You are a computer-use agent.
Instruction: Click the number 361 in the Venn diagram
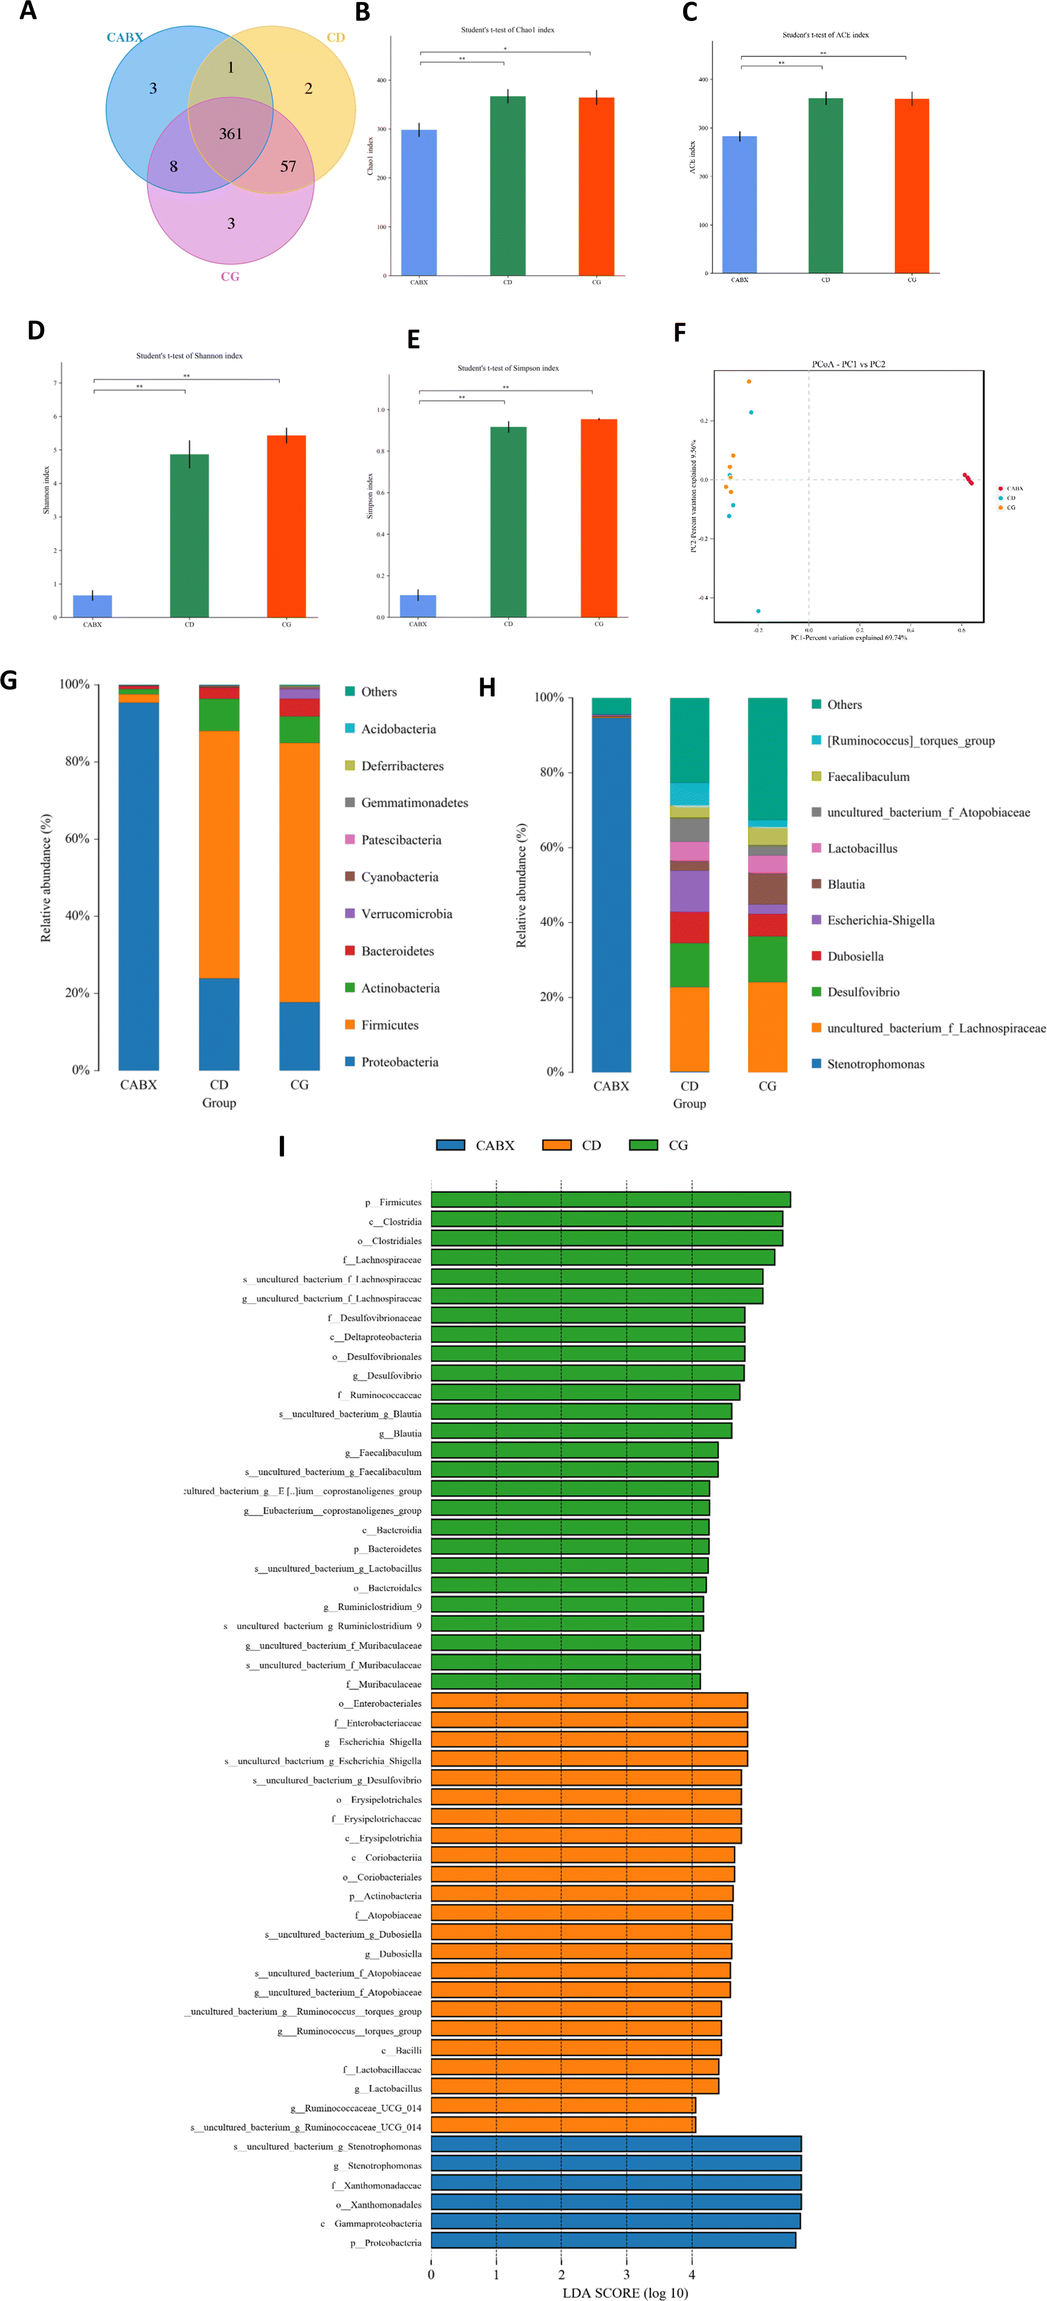(x=231, y=134)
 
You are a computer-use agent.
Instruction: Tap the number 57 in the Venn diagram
(x=288, y=166)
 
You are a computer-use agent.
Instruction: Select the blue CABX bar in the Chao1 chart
(x=419, y=203)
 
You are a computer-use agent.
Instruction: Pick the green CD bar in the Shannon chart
(x=189, y=536)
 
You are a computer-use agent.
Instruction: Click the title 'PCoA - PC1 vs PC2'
(x=848, y=364)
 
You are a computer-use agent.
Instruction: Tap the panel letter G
(x=9, y=681)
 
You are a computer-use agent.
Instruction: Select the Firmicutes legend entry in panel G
(x=390, y=1024)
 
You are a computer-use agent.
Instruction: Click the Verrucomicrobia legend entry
(x=407, y=914)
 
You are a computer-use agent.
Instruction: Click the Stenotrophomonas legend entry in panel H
(x=875, y=1064)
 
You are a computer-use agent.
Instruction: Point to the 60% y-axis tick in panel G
(x=77, y=839)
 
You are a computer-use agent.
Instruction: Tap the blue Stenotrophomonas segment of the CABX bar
(x=611, y=893)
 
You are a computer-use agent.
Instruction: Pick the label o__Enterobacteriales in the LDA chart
(x=379, y=1703)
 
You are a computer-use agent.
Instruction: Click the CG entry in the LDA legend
(x=677, y=1145)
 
